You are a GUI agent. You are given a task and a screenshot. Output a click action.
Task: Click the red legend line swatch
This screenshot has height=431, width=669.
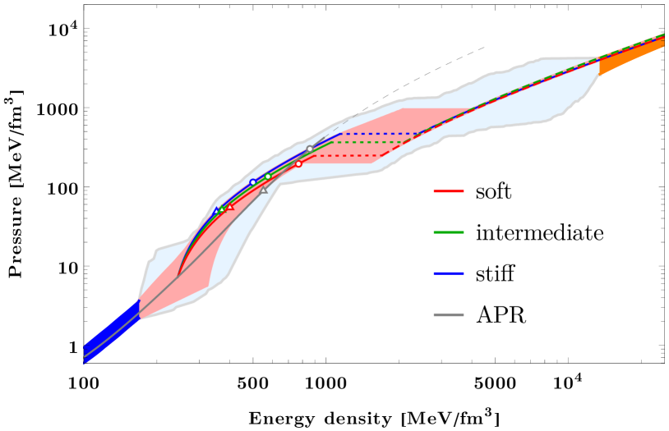tap(449, 191)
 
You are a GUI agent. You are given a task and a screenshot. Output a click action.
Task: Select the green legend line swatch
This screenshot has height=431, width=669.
tap(449, 232)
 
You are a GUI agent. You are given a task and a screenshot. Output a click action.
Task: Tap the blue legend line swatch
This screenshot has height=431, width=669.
tap(449, 273)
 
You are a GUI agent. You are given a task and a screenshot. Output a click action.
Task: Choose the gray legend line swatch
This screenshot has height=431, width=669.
tap(449, 314)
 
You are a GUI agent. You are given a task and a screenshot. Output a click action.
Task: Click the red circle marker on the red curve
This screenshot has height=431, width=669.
tap(298, 163)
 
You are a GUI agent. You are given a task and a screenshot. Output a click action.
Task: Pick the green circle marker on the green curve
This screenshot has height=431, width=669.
tap(268, 177)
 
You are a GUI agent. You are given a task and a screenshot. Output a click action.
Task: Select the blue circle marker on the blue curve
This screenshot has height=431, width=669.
tap(253, 182)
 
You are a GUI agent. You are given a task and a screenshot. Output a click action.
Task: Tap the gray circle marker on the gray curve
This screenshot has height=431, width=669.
tap(310, 149)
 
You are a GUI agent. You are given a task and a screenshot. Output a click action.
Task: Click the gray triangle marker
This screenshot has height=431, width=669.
tap(264, 190)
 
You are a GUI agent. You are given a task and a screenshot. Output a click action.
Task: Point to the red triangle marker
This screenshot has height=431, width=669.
tap(230, 207)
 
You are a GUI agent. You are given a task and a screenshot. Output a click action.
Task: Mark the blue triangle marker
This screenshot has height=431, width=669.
tap(217, 211)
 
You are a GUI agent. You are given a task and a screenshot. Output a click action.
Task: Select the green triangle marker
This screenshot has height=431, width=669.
tap(222, 209)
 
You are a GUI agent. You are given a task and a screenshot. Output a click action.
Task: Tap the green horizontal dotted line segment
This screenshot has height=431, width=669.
tap(370, 142)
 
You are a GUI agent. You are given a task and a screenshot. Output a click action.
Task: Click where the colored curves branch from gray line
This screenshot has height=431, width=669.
tap(178, 276)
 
